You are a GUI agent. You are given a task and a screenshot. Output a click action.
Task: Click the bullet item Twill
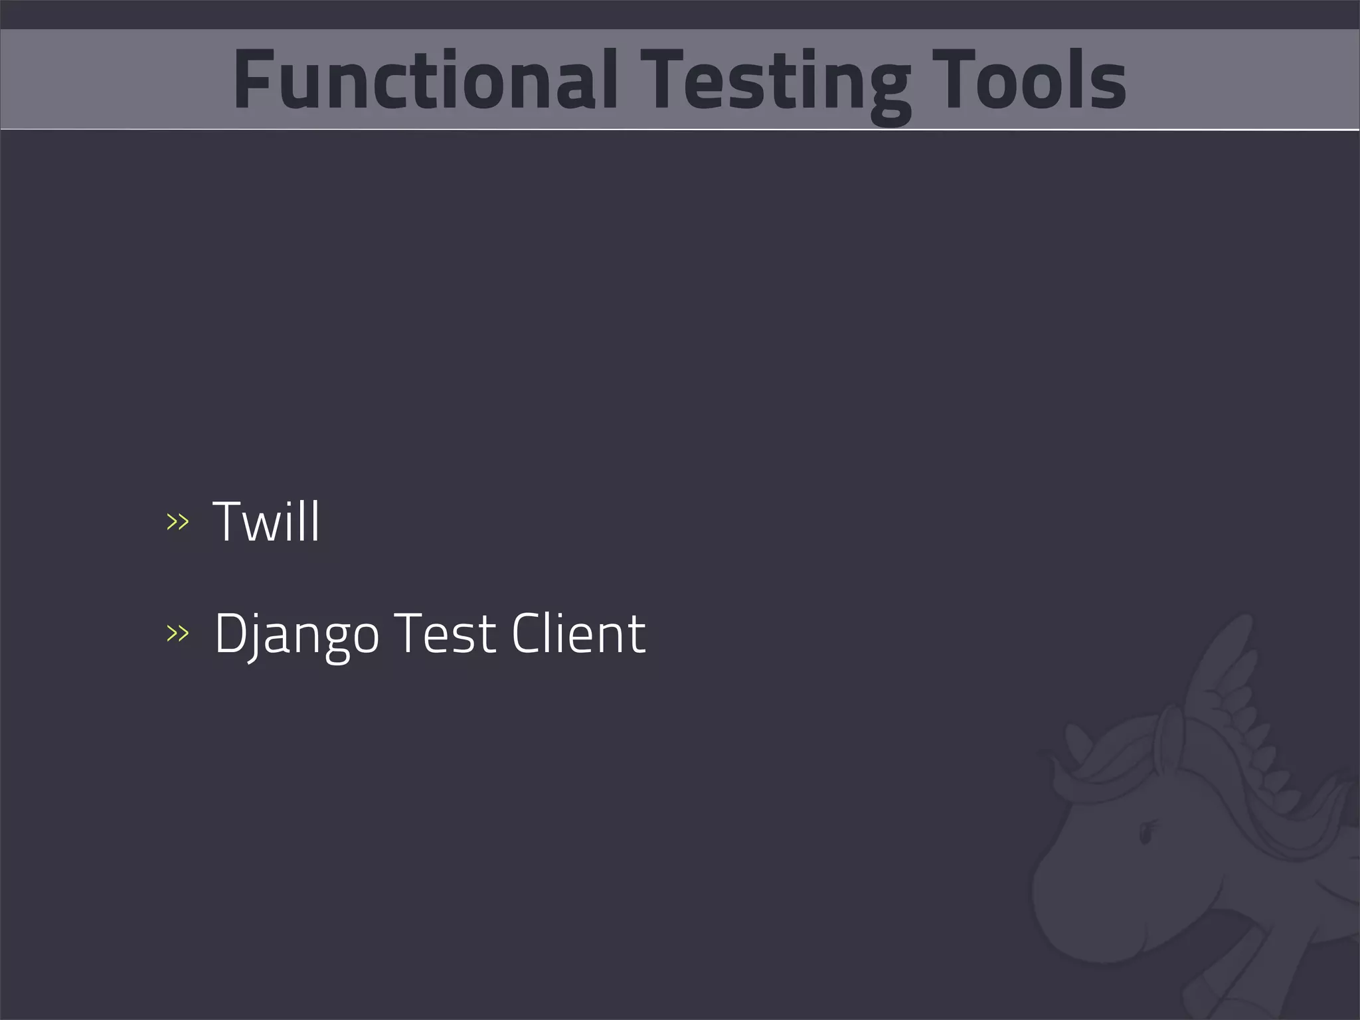[x=266, y=522]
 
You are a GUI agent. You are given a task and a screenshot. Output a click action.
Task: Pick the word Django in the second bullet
[x=296, y=634]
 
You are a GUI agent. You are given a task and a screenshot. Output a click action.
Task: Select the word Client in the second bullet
[x=578, y=634]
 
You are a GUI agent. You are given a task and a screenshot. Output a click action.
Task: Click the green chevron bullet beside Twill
[x=177, y=522]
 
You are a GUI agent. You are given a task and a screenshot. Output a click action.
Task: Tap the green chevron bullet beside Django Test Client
[x=177, y=634]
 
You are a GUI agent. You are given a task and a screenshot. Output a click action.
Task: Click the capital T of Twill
[x=229, y=522]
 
